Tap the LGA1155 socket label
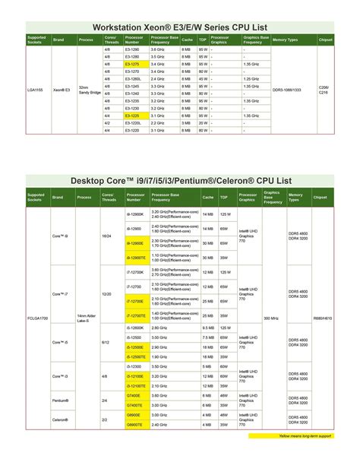click(x=36, y=90)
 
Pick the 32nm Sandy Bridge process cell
click(x=86, y=90)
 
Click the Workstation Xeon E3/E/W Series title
click(x=180, y=25)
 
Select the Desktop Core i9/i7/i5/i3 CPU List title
click(x=180, y=181)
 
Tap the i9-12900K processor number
click(x=135, y=215)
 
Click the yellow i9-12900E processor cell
click(x=135, y=243)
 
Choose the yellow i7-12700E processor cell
click(x=135, y=301)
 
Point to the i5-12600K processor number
click(x=135, y=328)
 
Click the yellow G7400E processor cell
click(x=135, y=395)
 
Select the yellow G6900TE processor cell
click(x=135, y=424)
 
